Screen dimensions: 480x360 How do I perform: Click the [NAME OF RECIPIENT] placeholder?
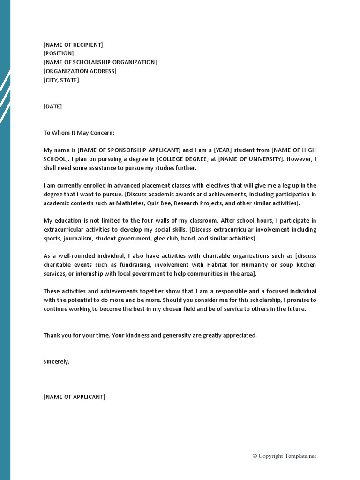(73, 45)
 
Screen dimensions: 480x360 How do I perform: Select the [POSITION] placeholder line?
(59, 53)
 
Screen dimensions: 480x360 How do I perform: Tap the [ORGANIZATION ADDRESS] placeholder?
(80, 71)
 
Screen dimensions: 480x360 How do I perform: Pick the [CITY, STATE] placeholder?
(61, 80)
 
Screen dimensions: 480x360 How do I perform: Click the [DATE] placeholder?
(52, 106)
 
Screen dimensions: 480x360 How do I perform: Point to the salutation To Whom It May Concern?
(79, 133)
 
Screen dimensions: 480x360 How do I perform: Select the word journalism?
(78, 239)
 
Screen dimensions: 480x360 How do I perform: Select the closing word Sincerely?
(56, 362)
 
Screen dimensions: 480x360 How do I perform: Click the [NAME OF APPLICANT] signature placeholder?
(75, 397)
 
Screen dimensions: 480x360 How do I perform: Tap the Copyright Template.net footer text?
(284, 456)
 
